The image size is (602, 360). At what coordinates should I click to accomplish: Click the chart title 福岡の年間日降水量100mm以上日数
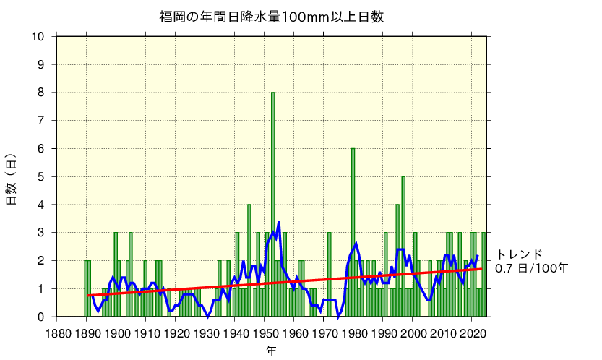click(x=271, y=16)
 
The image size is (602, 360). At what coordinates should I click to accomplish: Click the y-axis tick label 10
click(x=38, y=36)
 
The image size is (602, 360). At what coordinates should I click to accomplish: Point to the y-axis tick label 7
click(x=41, y=120)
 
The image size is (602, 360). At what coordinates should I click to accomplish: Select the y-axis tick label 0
click(x=41, y=317)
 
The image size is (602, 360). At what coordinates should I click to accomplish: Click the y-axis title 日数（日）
click(x=12, y=179)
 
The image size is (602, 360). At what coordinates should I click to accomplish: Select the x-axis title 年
click(x=270, y=351)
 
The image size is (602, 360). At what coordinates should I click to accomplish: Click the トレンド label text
click(x=518, y=254)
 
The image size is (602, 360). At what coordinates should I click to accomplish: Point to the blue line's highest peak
click(x=279, y=223)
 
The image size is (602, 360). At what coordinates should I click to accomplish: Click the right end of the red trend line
click(x=481, y=269)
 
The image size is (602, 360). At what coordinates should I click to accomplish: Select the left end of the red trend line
click(x=87, y=295)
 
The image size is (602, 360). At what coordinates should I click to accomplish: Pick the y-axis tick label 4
click(x=41, y=205)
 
